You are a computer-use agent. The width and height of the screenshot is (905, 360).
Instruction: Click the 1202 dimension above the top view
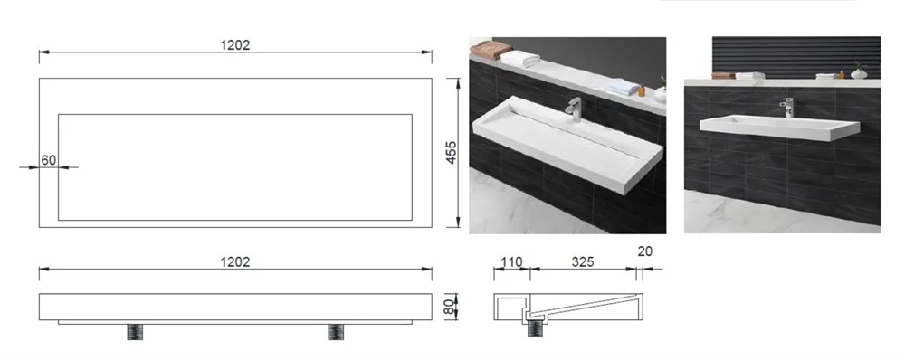click(x=235, y=45)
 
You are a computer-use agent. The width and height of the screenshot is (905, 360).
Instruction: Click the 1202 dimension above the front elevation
click(x=235, y=262)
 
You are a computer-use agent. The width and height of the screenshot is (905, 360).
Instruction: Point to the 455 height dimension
click(x=452, y=152)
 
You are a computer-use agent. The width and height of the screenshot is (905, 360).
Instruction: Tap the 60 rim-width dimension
click(x=49, y=160)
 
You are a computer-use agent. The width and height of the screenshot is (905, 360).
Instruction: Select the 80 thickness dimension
click(x=450, y=307)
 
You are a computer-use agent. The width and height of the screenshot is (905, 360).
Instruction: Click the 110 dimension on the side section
click(x=510, y=262)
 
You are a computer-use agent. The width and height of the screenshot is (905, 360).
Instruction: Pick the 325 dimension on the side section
click(x=582, y=262)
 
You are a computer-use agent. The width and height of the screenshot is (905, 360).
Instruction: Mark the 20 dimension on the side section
click(x=645, y=251)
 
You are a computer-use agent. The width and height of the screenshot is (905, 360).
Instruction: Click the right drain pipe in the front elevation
click(x=336, y=332)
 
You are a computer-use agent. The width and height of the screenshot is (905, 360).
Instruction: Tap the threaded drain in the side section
click(x=535, y=329)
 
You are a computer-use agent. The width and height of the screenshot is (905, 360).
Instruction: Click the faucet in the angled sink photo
click(x=574, y=109)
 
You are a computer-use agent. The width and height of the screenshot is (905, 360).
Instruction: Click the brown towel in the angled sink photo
click(x=491, y=49)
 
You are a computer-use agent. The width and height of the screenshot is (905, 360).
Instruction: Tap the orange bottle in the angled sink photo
click(x=642, y=90)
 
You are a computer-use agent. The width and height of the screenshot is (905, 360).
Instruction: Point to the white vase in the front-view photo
click(x=859, y=72)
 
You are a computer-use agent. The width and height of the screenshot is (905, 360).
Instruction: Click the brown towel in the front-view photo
click(x=723, y=76)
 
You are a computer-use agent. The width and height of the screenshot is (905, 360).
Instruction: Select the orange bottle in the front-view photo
click(x=842, y=74)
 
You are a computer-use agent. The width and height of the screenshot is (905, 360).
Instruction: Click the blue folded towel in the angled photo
click(x=624, y=87)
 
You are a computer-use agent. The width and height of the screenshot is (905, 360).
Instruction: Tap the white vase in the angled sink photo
click(x=661, y=94)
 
